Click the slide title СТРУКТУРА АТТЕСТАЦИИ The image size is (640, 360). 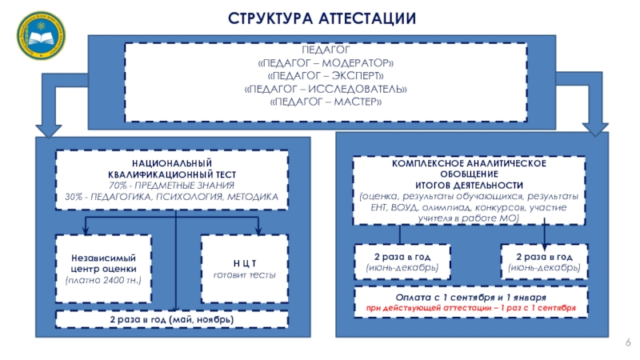322,18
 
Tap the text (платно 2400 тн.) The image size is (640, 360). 102,282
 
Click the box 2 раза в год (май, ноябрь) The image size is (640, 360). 171,320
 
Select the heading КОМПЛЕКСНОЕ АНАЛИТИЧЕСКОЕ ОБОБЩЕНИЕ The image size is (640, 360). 469,168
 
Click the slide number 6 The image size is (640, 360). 628,343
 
